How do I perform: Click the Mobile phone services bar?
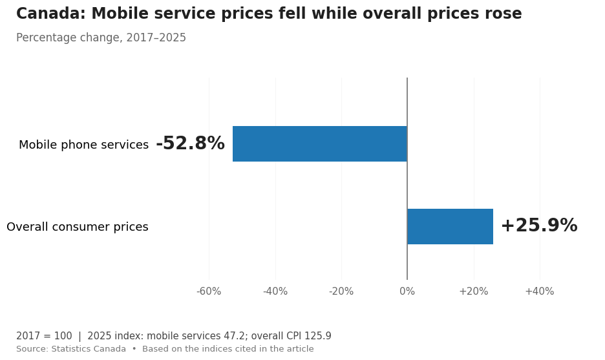(320, 143)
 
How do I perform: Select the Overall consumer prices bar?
(450, 226)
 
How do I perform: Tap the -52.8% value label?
(190, 143)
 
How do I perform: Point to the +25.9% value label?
(539, 226)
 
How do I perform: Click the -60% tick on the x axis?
(209, 291)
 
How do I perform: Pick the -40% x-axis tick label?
(275, 291)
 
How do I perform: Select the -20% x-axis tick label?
(341, 291)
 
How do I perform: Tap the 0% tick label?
(407, 291)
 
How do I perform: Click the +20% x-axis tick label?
(473, 291)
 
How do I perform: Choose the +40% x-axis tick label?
(540, 291)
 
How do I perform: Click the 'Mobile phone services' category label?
(84, 145)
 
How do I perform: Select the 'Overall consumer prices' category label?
(78, 227)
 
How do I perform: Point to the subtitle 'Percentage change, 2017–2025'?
(101, 38)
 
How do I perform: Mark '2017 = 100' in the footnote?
(44, 335)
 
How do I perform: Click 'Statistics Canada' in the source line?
(89, 349)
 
